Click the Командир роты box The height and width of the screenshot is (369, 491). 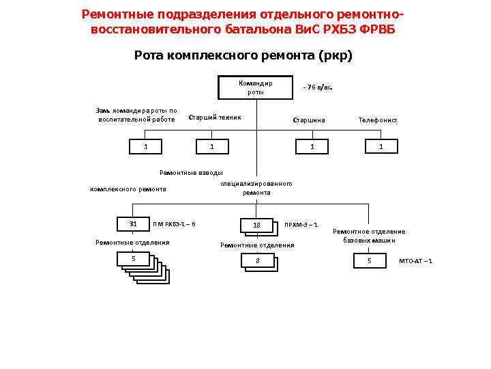tap(256, 87)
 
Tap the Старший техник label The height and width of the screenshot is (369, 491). tap(214, 117)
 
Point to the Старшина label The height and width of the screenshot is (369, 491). tap(308, 120)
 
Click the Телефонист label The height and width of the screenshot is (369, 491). tap(378, 120)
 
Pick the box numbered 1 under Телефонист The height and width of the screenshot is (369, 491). tap(381, 146)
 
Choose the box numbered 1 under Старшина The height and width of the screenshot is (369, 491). tap(312, 146)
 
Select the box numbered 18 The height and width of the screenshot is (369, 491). tap(256, 225)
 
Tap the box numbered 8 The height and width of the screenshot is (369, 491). tap(257, 260)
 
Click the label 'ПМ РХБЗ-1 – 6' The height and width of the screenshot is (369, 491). tap(174, 224)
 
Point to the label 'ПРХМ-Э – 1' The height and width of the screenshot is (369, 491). tap(301, 225)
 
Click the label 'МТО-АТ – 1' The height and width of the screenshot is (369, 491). tap(415, 261)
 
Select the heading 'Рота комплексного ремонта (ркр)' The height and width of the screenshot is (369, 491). tap(243, 55)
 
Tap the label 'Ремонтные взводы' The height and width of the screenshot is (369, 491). tap(191, 172)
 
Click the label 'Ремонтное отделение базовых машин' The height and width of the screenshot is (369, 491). tap(369, 236)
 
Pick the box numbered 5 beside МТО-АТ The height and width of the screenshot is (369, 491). tap(370, 261)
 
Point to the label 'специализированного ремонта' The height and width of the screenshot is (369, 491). tap(256, 188)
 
